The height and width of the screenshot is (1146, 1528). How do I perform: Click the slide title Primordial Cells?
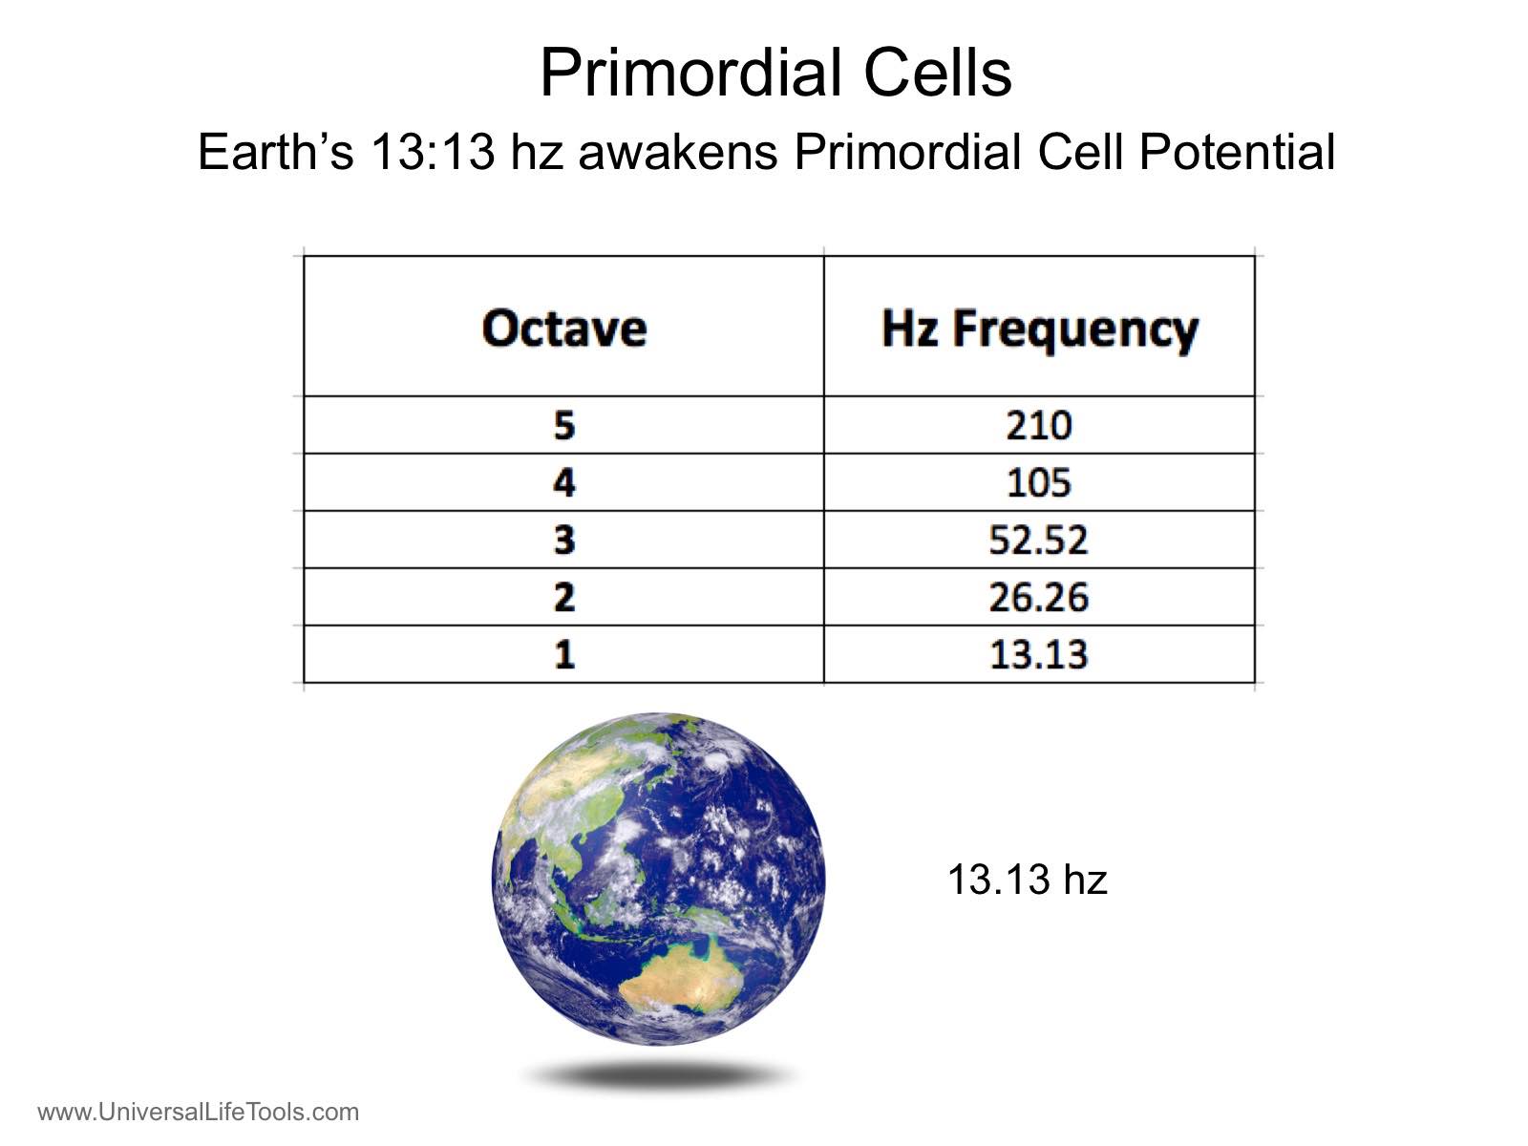(x=775, y=74)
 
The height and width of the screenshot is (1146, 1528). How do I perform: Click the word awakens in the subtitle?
(x=677, y=152)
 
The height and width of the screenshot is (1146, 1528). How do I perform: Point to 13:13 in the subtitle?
(x=433, y=152)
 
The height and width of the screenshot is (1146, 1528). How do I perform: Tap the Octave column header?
(x=563, y=329)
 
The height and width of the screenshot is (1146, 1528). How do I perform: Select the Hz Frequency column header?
(x=1039, y=330)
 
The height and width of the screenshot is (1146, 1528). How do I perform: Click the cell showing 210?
(x=1039, y=425)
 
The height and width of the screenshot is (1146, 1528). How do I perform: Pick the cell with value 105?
(x=1039, y=482)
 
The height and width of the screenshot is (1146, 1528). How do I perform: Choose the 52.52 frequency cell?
(x=1039, y=540)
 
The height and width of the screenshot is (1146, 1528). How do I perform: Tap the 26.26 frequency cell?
(x=1039, y=597)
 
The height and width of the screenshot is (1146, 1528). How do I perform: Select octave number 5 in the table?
(x=564, y=425)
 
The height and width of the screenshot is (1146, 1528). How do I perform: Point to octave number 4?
(x=564, y=482)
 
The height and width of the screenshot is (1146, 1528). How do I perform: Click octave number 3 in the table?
(x=564, y=540)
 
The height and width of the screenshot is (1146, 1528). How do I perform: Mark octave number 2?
(x=564, y=597)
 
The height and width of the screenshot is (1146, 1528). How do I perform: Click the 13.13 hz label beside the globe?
(x=1028, y=879)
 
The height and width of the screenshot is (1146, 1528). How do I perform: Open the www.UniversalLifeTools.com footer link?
(x=199, y=1112)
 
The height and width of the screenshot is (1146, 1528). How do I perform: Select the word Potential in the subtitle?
(x=1237, y=152)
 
